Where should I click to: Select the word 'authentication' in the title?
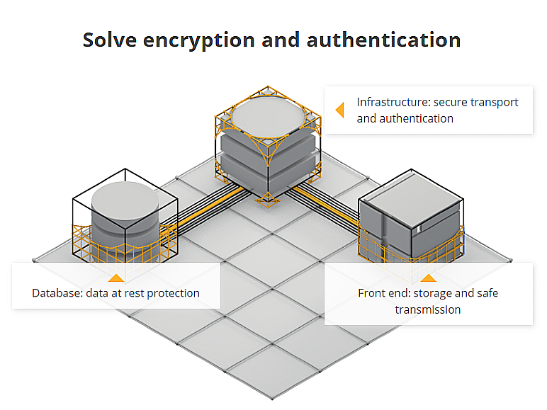coord(383,40)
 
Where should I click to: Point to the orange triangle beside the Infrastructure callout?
coord(339,110)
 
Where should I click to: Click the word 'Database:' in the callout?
coord(56,293)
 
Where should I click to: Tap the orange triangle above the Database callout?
coord(115,278)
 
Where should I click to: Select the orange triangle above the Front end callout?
coord(428,278)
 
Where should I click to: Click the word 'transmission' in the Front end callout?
coord(428,309)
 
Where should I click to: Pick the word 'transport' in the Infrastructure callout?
coord(495,102)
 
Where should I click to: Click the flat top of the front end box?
coord(410,202)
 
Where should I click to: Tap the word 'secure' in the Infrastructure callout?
coord(443,102)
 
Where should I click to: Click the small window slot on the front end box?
coord(421,228)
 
